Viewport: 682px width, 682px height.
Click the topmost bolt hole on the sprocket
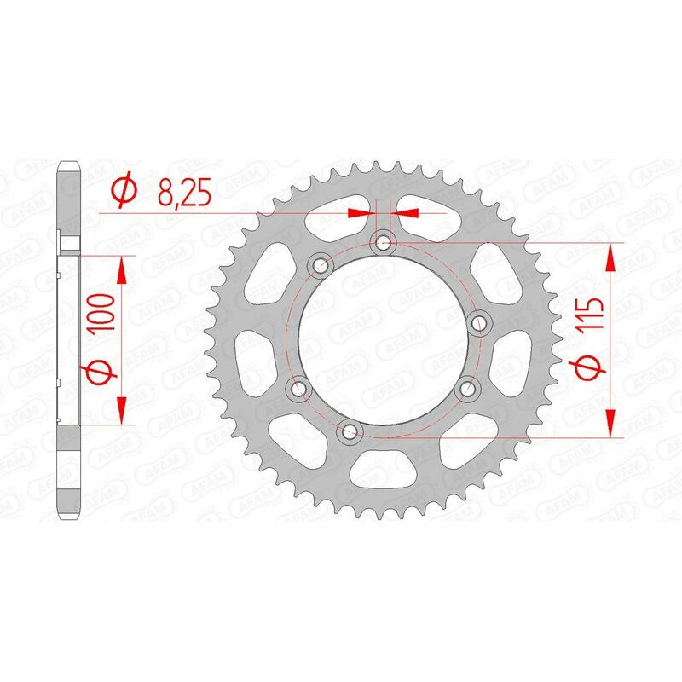[x=383, y=244]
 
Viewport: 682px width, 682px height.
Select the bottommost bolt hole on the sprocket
[x=347, y=431]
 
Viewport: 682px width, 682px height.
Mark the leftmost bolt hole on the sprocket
[x=298, y=389]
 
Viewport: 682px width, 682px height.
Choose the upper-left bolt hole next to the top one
[x=321, y=263]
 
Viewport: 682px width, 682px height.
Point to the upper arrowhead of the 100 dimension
[x=123, y=271]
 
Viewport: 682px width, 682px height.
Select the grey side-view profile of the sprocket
[x=68, y=341]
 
